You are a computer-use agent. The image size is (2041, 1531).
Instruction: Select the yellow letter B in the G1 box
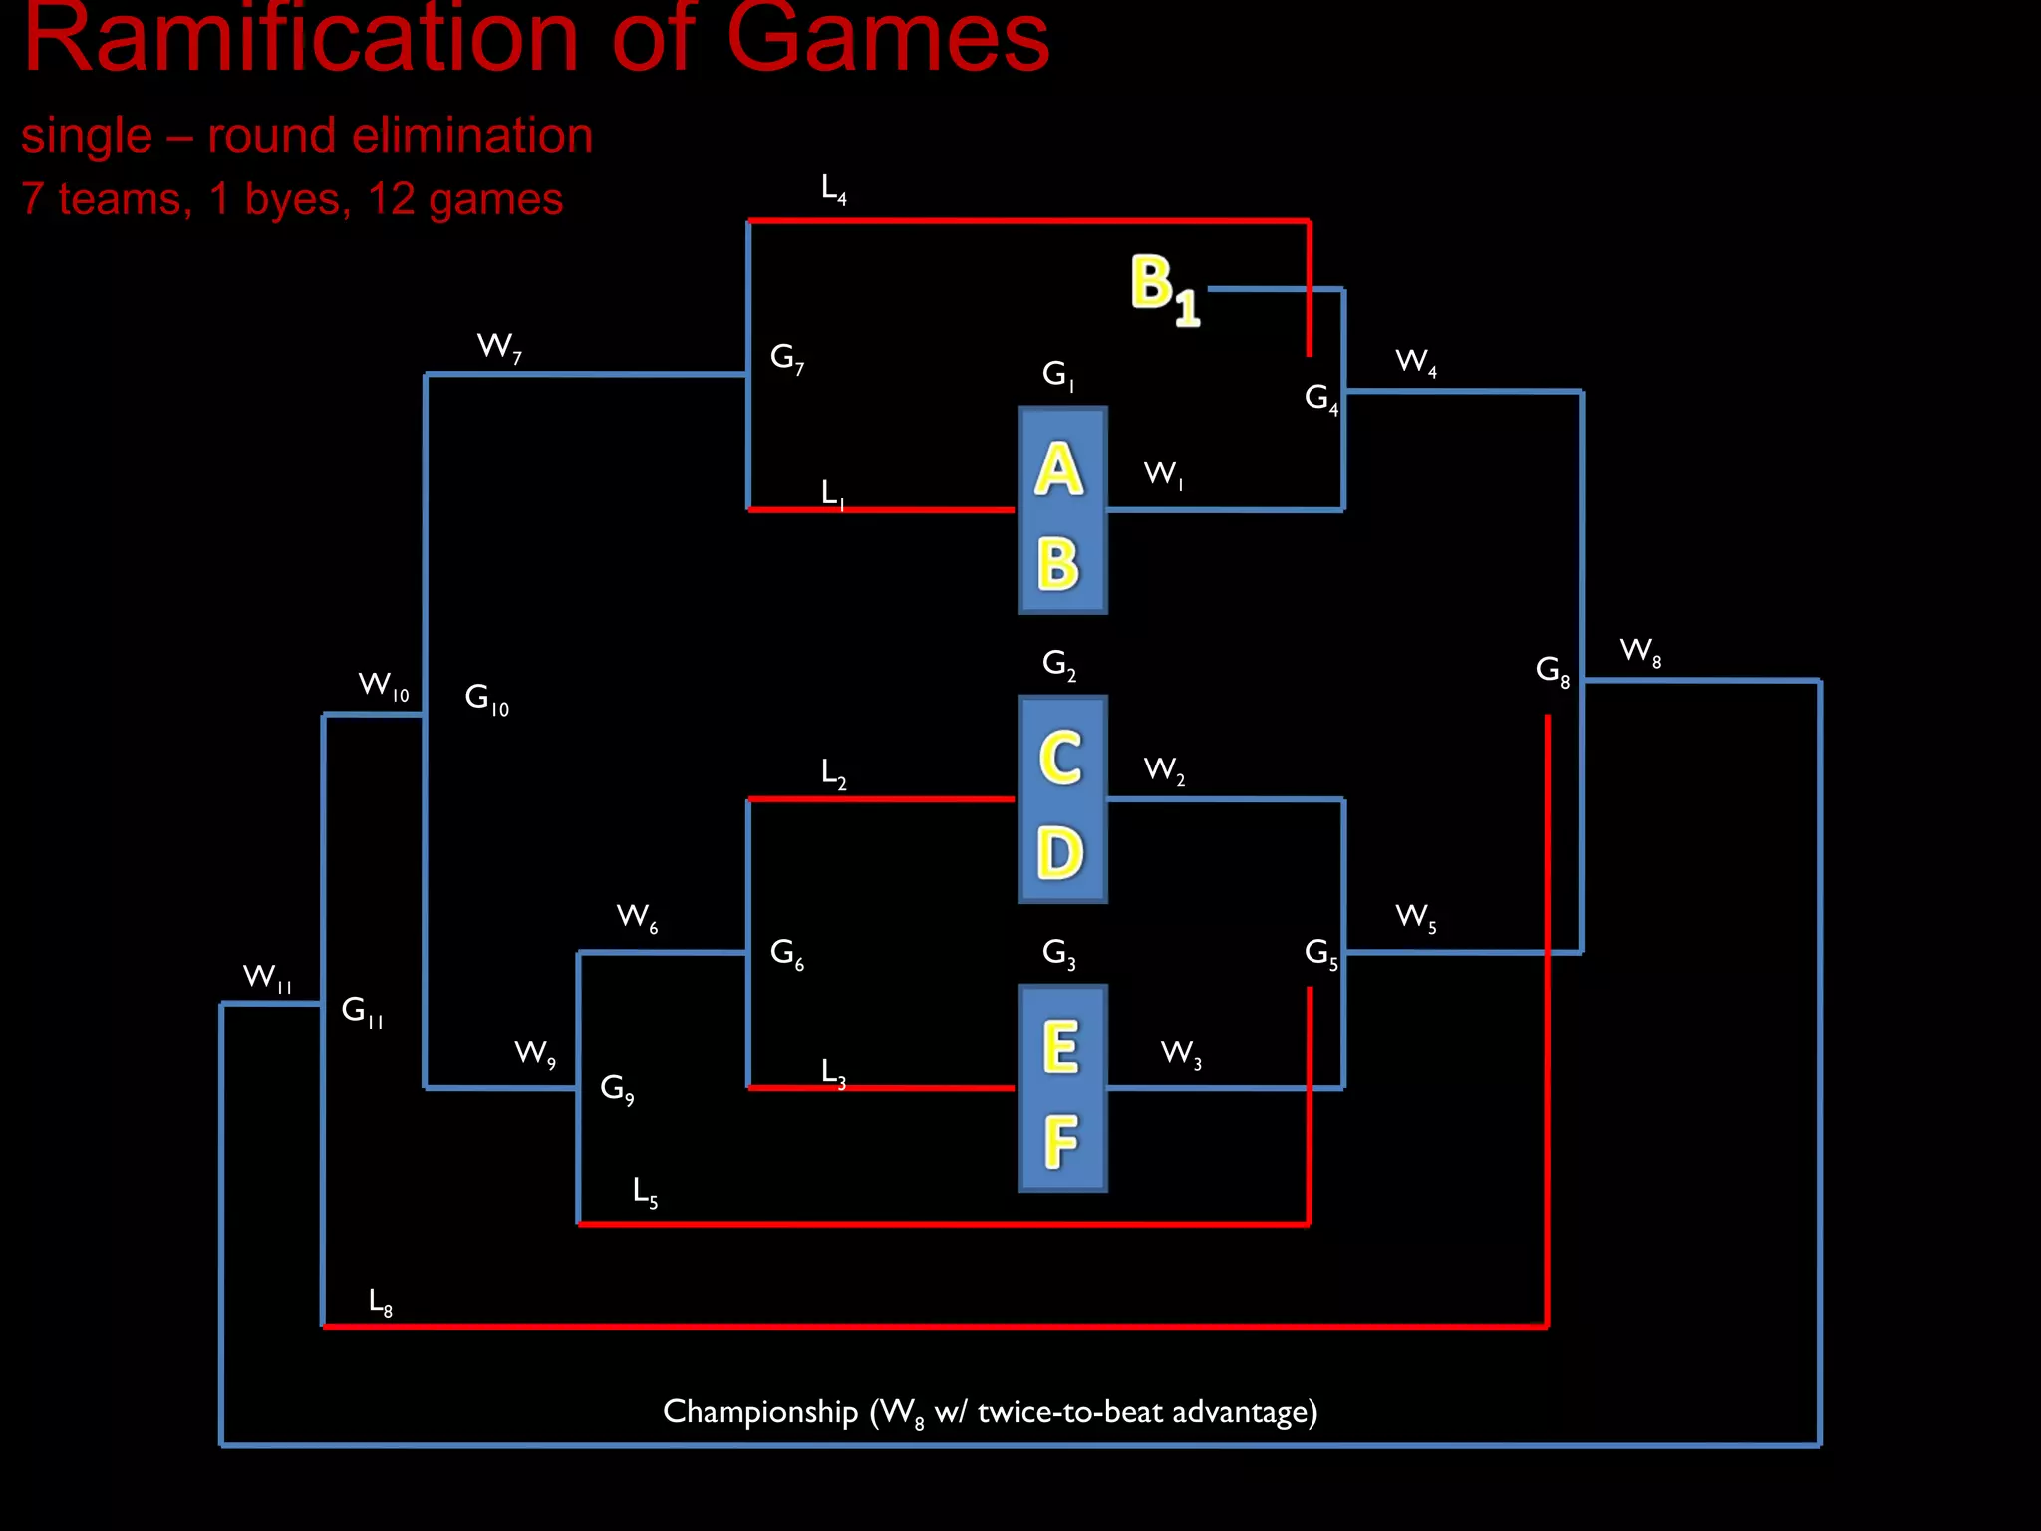[x=1058, y=564]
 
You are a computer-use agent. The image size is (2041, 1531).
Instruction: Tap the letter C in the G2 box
[x=1060, y=758]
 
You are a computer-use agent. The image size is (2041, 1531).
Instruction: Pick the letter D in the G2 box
[x=1060, y=853]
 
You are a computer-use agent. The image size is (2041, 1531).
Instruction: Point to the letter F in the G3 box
[x=1061, y=1141]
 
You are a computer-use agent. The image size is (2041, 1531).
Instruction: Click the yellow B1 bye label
[x=1164, y=289]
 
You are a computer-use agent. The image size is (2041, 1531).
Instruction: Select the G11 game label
[x=362, y=1012]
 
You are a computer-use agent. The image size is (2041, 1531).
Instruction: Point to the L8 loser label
[x=380, y=1302]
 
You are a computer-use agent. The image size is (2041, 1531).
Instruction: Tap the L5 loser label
[x=645, y=1191]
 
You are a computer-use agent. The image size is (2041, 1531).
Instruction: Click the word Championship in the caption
[x=760, y=1412]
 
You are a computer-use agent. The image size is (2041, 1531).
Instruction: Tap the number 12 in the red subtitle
[x=390, y=199]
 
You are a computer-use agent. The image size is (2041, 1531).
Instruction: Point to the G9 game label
[x=617, y=1088]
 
